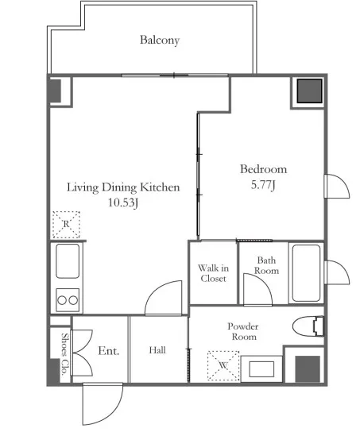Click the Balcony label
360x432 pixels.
160,40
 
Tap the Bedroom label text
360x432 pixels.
263,169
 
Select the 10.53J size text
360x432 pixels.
122,202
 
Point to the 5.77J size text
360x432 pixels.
263,185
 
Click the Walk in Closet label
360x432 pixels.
213,273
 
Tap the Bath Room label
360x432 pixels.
266,265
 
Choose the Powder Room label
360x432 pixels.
243,331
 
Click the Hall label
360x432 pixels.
157,350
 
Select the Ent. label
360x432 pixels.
109,351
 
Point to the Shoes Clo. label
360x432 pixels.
65,354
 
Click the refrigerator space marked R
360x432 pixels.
66,225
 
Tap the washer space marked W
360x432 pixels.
223,365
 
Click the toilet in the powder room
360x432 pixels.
308,326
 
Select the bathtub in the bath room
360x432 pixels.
306,273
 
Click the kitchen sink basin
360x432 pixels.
68,261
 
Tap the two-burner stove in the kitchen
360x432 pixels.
68,300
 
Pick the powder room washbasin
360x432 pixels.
261,369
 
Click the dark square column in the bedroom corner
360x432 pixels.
309,91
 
